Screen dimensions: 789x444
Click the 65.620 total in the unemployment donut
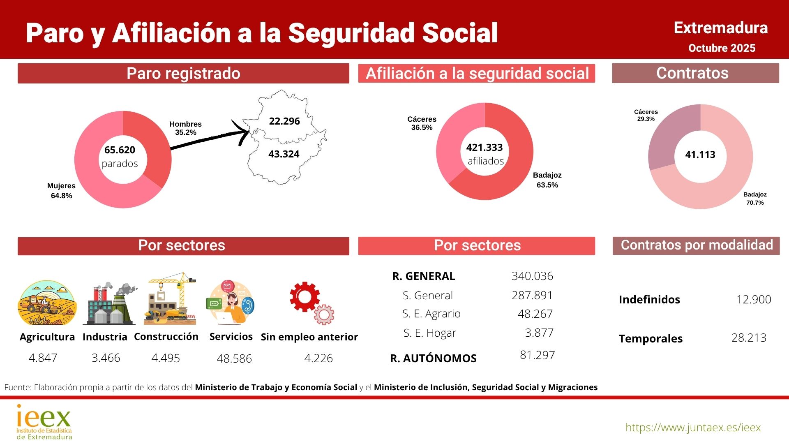(120, 150)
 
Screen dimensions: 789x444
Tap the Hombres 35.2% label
(185, 128)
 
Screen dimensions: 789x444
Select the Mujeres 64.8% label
(61, 191)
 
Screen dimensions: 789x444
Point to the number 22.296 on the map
(284, 121)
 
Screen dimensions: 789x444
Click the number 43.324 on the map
(284, 154)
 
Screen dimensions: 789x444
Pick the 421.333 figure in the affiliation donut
(484, 148)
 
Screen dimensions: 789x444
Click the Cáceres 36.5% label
(422, 123)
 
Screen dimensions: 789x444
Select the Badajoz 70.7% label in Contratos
(755, 199)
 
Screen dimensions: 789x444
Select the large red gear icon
(305, 297)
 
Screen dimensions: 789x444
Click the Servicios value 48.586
(234, 358)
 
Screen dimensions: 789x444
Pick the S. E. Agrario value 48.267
(535, 314)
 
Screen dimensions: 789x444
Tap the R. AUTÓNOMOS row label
(433, 358)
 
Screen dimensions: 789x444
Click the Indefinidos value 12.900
(754, 299)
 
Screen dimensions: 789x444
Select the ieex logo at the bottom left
(44, 422)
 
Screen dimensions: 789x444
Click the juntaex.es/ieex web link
(693, 428)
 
